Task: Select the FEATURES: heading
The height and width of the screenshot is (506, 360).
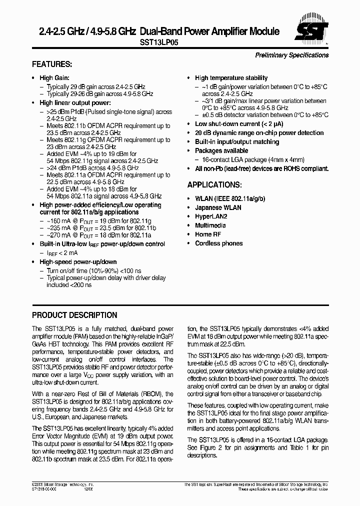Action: tap(52, 65)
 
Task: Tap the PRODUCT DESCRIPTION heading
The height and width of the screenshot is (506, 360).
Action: tap(74, 315)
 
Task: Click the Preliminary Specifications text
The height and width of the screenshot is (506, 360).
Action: tap(291, 55)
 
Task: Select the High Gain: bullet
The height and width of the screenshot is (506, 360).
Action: tap(54, 78)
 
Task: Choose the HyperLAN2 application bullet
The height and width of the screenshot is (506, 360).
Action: tap(211, 216)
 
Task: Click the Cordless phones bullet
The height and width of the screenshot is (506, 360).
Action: tap(218, 243)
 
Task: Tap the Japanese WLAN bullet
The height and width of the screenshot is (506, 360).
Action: tap(218, 207)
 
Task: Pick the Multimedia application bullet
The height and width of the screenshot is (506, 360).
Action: tap(210, 225)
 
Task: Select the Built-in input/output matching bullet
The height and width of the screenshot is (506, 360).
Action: tap(237, 142)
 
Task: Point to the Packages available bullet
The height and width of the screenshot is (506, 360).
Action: tap(221, 150)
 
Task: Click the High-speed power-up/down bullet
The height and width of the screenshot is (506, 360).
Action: tap(78, 262)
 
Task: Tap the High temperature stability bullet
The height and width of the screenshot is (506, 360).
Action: tap(231, 78)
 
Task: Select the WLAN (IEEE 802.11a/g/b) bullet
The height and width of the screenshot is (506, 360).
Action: tap(230, 198)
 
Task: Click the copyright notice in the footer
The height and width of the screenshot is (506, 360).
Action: tap(62, 485)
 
